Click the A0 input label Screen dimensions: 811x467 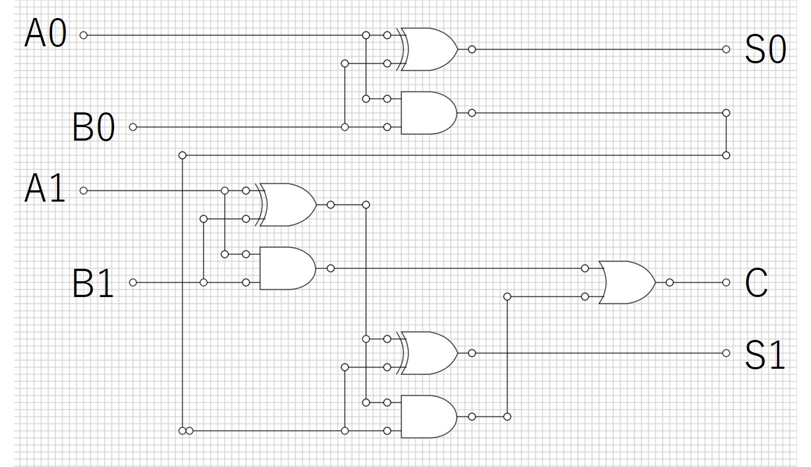click(x=46, y=33)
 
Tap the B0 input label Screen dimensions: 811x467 click(x=94, y=126)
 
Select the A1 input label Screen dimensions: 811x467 click(x=45, y=188)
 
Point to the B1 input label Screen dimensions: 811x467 click(x=93, y=282)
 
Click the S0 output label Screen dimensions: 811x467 click(x=765, y=49)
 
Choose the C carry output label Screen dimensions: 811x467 click(x=756, y=282)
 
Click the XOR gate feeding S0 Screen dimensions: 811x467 click(x=427, y=49)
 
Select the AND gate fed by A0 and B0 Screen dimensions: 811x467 click(x=429, y=113)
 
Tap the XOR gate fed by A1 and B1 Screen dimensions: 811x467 click(x=286, y=205)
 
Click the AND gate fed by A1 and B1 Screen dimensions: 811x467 click(x=288, y=268)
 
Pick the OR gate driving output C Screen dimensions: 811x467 click(x=627, y=282)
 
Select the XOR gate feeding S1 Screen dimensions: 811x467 click(x=427, y=353)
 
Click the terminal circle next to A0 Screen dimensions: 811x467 click(x=84, y=35)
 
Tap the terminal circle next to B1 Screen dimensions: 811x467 click(x=133, y=282)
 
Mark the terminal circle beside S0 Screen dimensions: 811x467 click(x=726, y=49)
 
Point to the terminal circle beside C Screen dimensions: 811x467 click(x=726, y=282)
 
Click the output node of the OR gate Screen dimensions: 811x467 click(x=669, y=282)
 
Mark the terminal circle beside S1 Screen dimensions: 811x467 click(x=726, y=353)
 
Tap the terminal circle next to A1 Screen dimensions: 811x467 click(x=84, y=190)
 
